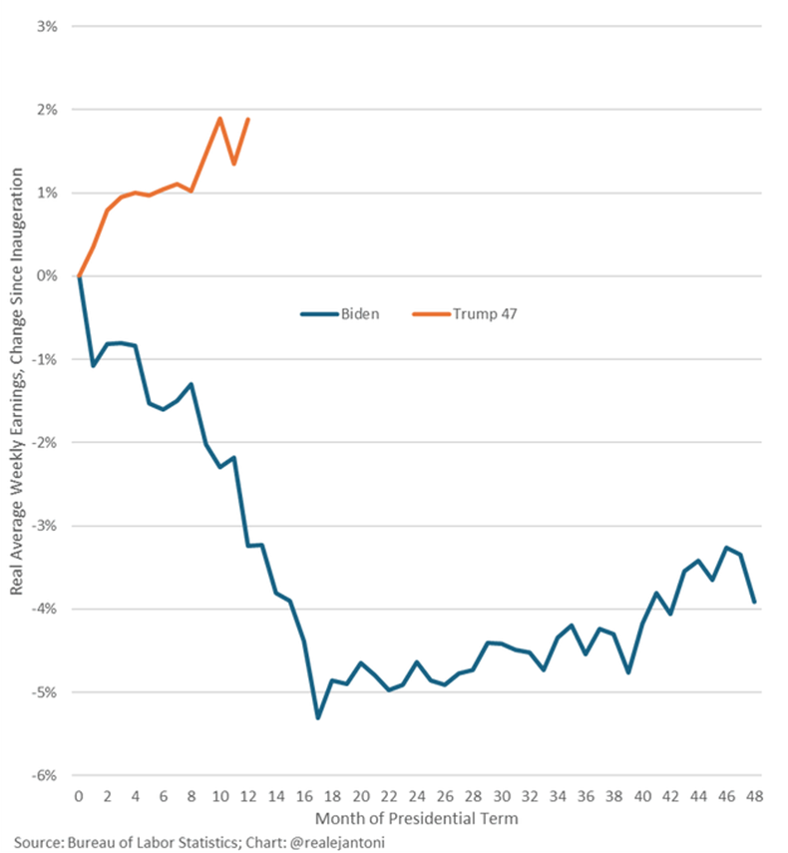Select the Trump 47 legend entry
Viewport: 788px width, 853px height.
484,313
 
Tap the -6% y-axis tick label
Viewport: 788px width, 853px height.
46,775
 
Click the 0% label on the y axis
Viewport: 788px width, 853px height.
48,275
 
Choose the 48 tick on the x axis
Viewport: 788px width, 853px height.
755,796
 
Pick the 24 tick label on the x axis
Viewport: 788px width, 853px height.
417,796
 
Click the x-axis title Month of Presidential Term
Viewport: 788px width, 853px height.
416,818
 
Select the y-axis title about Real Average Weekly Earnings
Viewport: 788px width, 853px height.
19,399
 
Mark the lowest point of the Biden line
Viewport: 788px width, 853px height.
318,718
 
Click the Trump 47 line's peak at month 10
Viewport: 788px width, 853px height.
219,118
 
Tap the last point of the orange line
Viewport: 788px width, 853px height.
247,119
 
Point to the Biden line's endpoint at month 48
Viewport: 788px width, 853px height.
755,602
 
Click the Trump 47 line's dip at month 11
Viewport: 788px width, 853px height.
233,164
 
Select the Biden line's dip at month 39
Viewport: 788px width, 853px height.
628,673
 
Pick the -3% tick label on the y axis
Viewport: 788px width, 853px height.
46,525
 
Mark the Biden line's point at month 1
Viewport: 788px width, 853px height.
93,365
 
